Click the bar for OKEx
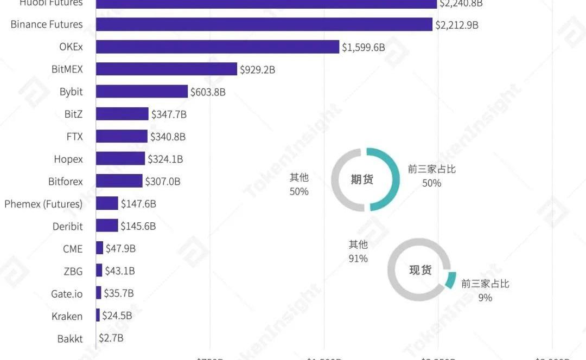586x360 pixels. pos(217,47)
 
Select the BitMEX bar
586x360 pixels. pos(167,69)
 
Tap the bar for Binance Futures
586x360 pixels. pos(264,24)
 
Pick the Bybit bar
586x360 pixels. pos(142,92)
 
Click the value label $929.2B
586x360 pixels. pos(258,70)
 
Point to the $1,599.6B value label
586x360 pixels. pos(363,48)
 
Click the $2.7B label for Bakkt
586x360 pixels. pos(111,338)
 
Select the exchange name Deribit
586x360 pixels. pos(68,226)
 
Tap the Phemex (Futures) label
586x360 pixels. pos(43,204)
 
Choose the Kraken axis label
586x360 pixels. pos(67,316)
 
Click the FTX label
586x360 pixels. pos(75,137)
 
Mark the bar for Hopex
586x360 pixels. pos(120,159)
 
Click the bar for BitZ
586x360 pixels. pos(122,114)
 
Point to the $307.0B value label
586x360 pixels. pos(163,182)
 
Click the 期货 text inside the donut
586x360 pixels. pos(362,179)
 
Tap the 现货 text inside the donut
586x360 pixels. pos(420,269)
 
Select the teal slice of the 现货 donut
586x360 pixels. pos(450,280)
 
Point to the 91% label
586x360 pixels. pos(358,259)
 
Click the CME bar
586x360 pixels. pos(99,248)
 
